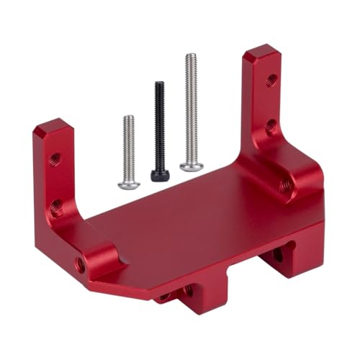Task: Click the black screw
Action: coord(159,130)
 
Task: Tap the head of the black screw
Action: coord(158,174)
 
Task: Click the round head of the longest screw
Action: coord(186,166)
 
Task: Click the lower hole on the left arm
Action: coord(56,208)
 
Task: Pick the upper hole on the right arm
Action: coord(271,78)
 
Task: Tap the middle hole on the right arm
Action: coord(270,127)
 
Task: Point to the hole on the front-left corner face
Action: coord(81,265)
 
